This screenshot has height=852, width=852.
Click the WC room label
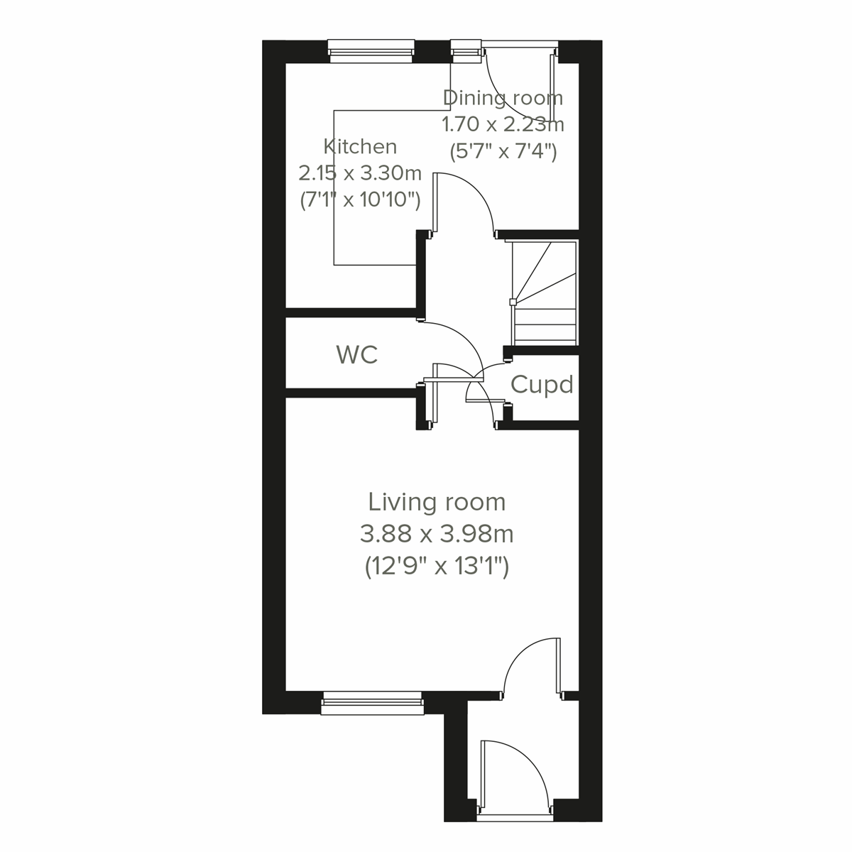(x=357, y=354)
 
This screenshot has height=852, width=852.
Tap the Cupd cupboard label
(x=542, y=385)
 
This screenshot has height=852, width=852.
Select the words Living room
(x=437, y=502)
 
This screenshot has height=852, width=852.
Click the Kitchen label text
(x=360, y=147)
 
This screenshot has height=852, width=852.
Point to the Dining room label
(x=503, y=97)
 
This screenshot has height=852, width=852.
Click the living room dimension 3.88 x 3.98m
(x=437, y=533)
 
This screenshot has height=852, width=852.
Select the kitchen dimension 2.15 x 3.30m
(x=360, y=173)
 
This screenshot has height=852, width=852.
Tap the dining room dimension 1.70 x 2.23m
(x=503, y=124)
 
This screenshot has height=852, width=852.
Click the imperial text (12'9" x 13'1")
(x=437, y=567)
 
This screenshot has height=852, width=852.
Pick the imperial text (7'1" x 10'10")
(x=360, y=200)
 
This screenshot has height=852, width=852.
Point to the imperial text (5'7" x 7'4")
(x=503, y=151)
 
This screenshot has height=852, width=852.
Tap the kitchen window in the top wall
(x=371, y=49)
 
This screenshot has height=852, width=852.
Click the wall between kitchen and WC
(x=351, y=312)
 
